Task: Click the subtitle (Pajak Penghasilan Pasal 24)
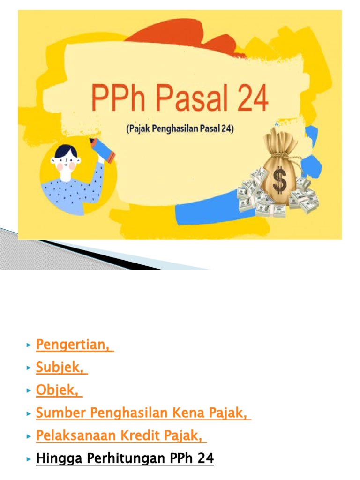click(180, 128)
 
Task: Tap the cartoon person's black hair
click(65, 152)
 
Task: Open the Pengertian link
click(75, 345)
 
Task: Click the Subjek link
click(61, 368)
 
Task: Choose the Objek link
click(59, 391)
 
